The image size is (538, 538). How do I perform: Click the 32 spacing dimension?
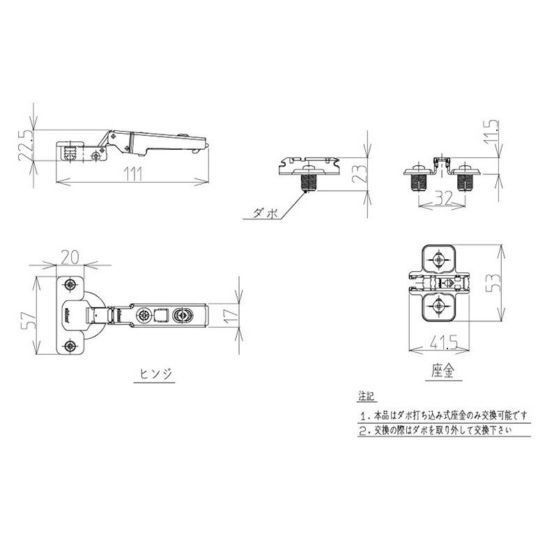(x=441, y=197)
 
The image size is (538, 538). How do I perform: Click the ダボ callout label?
(x=266, y=213)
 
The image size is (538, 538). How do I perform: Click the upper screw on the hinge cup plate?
(x=71, y=285)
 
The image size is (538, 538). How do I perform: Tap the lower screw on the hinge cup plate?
(x=71, y=346)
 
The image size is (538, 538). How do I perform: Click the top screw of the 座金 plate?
(x=438, y=260)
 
